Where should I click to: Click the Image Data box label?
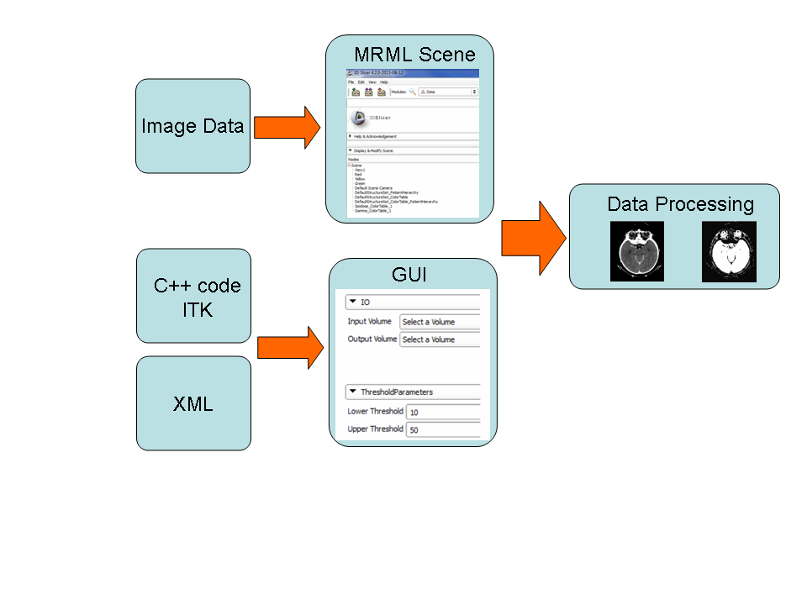[x=193, y=126]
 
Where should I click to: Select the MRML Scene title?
[x=414, y=55]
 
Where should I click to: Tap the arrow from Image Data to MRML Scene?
[x=286, y=128]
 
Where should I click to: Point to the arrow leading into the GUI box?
[x=290, y=347]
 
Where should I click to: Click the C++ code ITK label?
[x=197, y=297]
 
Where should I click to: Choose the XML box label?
[x=193, y=404]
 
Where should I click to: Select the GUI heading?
[x=409, y=275]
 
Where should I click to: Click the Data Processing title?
[x=680, y=204]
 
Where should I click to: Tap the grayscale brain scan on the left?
[x=636, y=251]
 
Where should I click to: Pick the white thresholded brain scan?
[x=729, y=251]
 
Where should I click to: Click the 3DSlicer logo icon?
[x=356, y=118]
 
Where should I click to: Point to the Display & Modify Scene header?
[x=373, y=150]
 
